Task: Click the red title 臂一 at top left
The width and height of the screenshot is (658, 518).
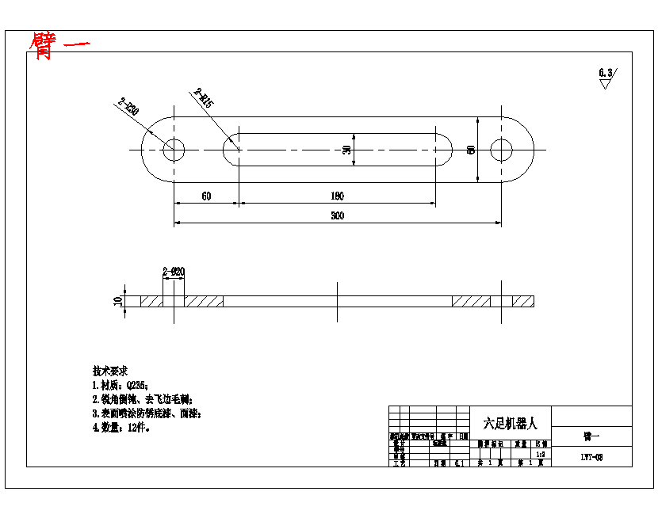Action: point(59,45)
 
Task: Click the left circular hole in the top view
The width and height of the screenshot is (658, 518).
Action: point(174,150)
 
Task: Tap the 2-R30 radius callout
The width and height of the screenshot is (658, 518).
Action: point(128,107)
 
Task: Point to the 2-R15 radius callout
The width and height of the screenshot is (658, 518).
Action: point(203,98)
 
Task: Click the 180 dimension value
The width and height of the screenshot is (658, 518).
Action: point(337,196)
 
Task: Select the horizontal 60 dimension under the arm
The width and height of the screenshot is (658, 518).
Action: point(206,196)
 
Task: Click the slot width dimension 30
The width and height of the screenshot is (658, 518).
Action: point(346,150)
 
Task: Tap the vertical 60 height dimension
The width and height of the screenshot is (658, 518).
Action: point(471,150)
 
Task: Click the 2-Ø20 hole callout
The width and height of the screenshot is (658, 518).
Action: point(173,272)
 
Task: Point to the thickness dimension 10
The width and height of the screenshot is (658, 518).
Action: point(118,301)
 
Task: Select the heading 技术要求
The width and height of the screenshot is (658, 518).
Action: point(110,371)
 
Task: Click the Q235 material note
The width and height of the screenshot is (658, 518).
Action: point(120,385)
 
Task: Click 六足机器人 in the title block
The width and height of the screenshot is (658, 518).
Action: point(510,424)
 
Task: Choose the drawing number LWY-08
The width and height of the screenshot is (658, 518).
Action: point(591,458)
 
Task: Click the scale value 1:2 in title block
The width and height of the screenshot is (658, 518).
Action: point(541,455)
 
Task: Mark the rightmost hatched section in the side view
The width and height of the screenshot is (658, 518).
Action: point(522,301)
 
